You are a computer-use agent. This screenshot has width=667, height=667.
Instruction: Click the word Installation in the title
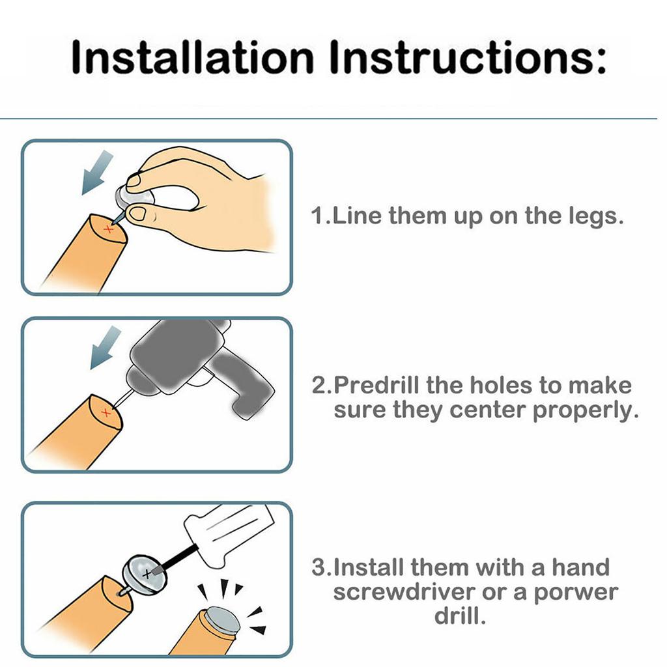pos(192,57)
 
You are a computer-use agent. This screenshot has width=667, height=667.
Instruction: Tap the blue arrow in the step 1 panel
pos(98,172)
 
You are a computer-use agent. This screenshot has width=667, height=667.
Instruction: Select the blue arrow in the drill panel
pos(106,348)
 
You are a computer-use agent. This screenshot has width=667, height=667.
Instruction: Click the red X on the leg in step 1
pos(109,229)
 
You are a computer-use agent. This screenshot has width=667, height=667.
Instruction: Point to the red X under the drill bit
pos(106,412)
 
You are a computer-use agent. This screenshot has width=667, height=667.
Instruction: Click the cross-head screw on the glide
pos(147,575)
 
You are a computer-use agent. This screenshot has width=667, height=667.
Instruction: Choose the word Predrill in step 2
pos(378,386)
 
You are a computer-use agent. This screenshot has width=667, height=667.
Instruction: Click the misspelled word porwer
pos(576,593)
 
